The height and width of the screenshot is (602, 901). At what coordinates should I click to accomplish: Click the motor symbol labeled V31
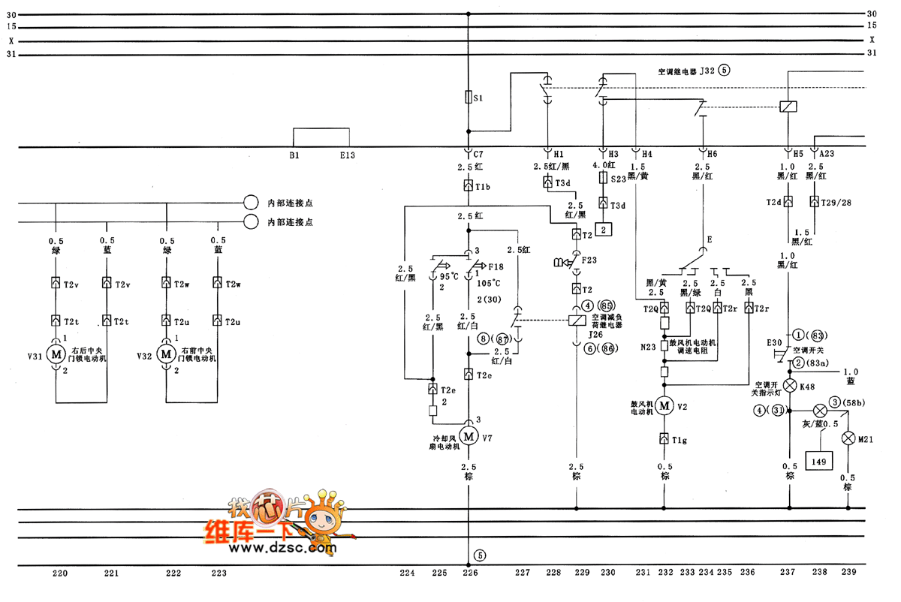56,354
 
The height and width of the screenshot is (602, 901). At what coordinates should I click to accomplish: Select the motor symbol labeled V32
164,354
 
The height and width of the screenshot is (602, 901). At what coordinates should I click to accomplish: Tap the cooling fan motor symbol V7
469,435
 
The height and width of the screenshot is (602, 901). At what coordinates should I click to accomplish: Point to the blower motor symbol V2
664,406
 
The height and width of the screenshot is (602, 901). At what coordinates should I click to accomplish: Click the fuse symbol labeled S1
469,98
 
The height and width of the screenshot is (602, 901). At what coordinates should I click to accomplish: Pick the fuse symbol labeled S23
602,179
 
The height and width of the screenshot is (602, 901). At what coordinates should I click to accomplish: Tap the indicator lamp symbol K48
789,386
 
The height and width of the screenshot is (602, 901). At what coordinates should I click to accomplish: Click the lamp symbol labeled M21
848,438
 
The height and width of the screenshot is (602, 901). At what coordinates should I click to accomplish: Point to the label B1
294,155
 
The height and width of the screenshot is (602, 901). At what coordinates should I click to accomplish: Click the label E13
348,155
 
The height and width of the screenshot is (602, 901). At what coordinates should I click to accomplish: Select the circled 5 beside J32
724,71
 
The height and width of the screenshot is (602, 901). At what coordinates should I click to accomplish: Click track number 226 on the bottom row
470,573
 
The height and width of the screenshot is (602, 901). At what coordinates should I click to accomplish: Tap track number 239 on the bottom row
848,573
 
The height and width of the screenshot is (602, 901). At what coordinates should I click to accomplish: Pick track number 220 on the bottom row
60,573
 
